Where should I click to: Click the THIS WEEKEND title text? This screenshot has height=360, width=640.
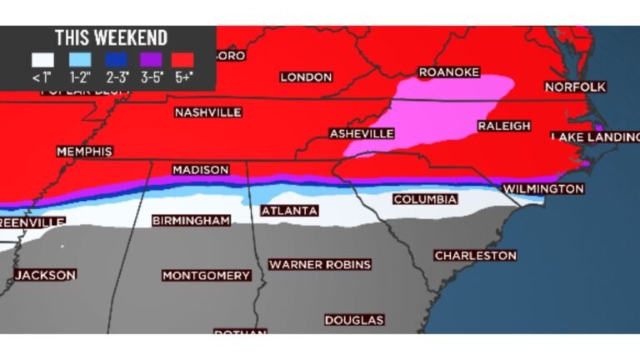[x=111, y=37]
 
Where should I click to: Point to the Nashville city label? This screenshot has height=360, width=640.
[x=207, y=112]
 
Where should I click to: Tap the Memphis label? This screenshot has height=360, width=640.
[x=84, y=152]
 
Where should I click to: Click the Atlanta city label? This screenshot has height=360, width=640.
[x=289, y=212]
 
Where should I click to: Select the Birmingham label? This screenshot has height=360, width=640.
[x=191, y=221]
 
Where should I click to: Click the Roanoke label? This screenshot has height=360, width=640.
[x=448, y=72]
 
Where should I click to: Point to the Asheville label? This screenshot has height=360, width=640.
[x=362, y=133]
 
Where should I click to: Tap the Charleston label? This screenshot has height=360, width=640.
[x=475, y=255]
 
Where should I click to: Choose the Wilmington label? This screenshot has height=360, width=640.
[x=543, y=189]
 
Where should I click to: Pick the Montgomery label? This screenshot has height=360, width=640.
[x=206, y=276]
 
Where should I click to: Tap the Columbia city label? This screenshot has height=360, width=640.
[x=425, y=200]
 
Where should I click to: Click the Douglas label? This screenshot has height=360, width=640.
[x=354, y=320]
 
